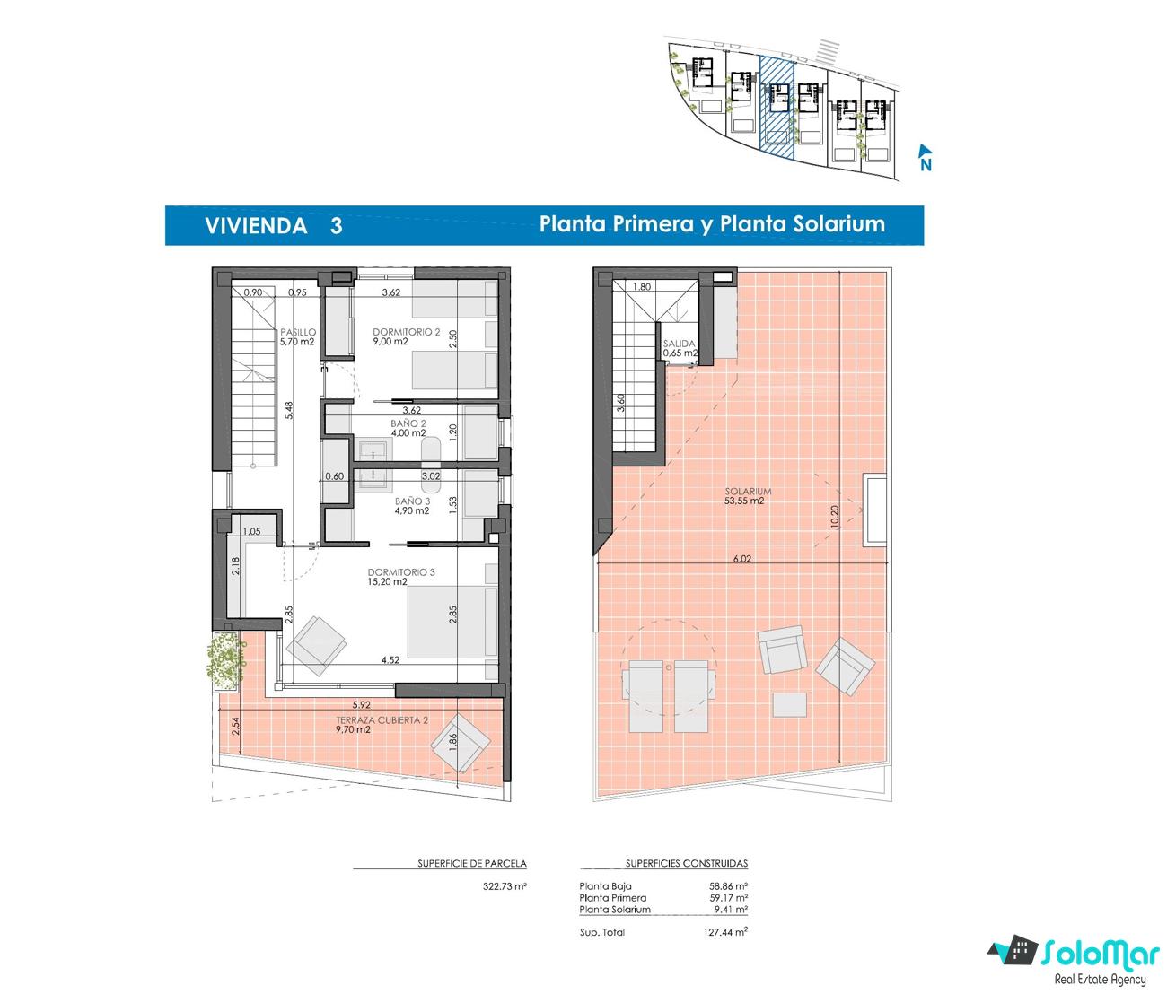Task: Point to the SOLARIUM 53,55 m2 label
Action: [x=748, y=496]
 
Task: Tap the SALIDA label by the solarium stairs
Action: [x=680, y=343]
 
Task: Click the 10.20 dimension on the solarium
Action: [x=835, y=516]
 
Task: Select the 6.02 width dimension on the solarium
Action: [x=741, y=559]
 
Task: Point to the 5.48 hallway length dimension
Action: [x=289, y=410]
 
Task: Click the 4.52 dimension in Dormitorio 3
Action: [x=390, y=660]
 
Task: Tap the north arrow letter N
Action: [x=926, y=165]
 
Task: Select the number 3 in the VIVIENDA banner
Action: [x=336, y=226]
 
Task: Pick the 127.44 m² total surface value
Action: [x=725, y=932]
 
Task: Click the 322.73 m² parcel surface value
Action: [x=505, y=886]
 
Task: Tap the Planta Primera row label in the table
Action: [x=612, y=897]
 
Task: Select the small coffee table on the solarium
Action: [x=789, y=704]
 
